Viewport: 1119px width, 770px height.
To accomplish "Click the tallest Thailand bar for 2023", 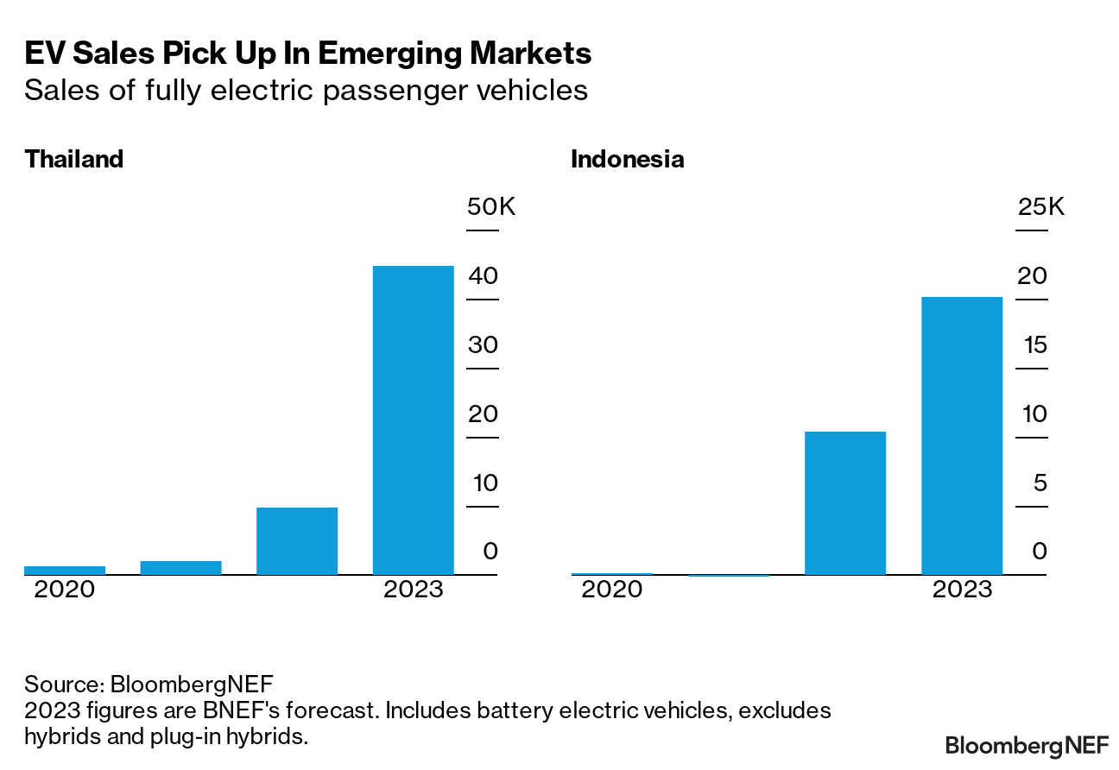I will point(413,420).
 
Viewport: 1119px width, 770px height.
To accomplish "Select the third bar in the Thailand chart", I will point(297,540).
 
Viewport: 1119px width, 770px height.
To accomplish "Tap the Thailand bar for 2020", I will point(65,570).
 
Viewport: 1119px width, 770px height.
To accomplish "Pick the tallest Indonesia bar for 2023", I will point(962,435).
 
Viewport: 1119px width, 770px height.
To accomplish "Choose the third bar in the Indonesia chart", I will point(845,502).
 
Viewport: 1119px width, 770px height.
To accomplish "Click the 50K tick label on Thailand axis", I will point(491,207).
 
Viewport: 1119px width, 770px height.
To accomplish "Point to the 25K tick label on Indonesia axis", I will point(1041,207).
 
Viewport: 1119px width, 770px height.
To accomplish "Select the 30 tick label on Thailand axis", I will point(484,345).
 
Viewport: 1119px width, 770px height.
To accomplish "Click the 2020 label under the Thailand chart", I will point(64,590).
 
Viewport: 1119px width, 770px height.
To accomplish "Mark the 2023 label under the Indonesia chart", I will point(963,590).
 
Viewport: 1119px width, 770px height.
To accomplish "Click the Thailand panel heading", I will point(74,160).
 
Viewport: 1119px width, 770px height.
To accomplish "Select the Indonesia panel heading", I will point(628,160).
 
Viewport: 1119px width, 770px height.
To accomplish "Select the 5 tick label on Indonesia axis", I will point(1040,483).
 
